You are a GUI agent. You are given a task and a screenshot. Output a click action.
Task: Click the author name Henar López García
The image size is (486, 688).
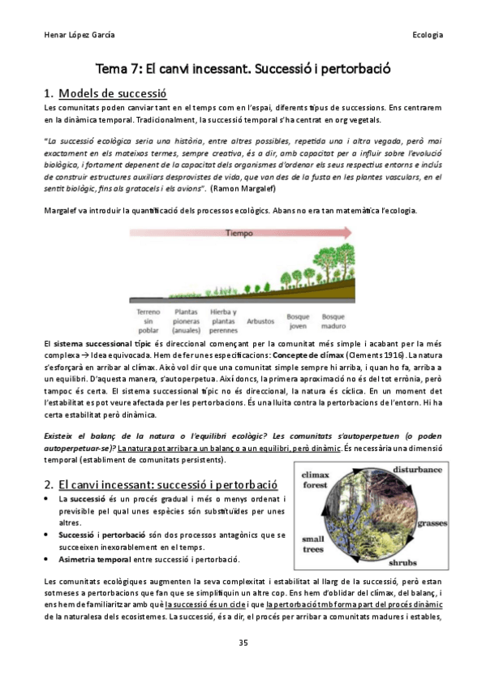point(78,35)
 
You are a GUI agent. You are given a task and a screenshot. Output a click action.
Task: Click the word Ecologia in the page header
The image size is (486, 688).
point(427,35)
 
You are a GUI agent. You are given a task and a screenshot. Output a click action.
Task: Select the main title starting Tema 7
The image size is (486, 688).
point(243,69)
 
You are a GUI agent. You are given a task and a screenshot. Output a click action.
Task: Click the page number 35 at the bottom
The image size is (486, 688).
point(243,643)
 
